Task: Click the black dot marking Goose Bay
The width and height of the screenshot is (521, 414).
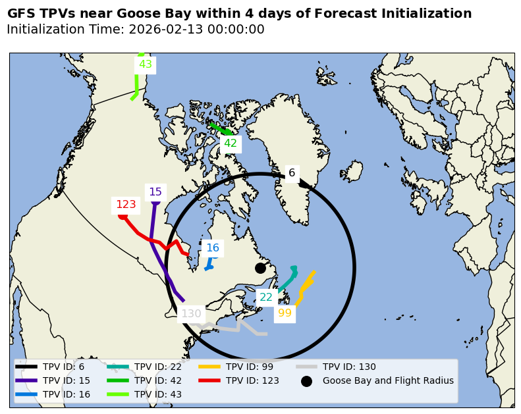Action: point(260,268)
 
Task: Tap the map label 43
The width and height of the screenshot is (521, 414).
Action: point(146,65)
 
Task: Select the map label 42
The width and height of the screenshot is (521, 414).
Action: point(231,143)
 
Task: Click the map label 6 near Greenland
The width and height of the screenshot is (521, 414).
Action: point(292,173)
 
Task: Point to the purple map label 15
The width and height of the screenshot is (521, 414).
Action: point(155,192)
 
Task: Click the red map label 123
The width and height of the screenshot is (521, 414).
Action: point(126,205)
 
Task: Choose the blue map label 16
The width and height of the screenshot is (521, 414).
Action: point(213,248)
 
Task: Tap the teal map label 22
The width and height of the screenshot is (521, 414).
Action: point(266,298)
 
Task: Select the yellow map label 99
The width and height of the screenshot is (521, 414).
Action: point(285,313)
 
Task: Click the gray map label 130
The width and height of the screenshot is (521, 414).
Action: point(191,314)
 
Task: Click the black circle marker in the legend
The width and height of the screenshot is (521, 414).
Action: point(306,381)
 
